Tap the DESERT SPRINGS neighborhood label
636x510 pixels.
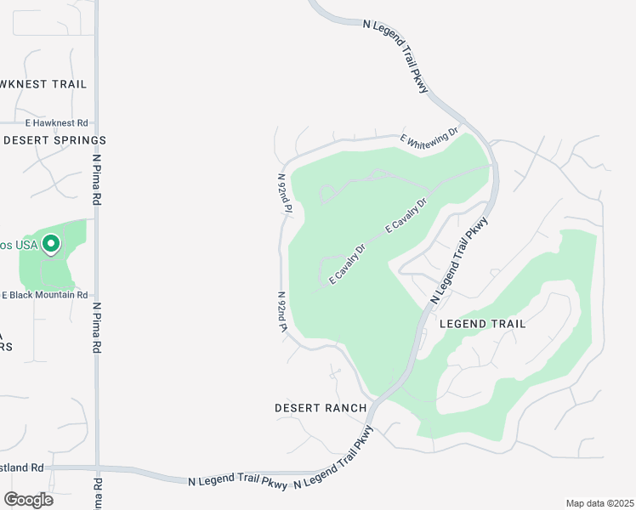(54, 139)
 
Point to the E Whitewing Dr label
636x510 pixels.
(429, 136)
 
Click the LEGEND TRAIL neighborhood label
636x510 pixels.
(482, 324)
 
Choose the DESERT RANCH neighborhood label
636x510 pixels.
(321, 408)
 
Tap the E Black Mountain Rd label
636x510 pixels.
(44, 295)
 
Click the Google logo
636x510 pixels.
(28, 499)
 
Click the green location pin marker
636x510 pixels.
(51, 245)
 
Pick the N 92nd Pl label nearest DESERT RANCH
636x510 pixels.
(282, 312)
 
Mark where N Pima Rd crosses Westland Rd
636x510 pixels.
(98, 467)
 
